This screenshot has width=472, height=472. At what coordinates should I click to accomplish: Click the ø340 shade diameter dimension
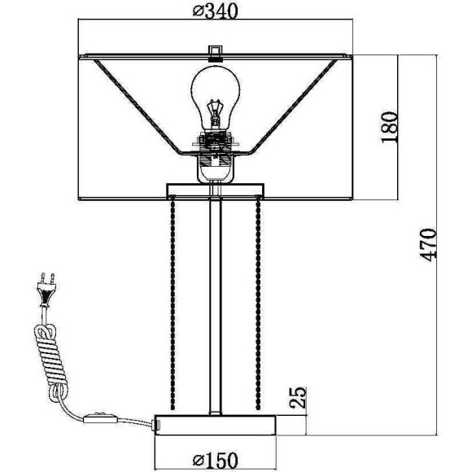pos(215,11)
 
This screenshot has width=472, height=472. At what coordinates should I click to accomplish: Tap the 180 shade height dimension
pos(389,127)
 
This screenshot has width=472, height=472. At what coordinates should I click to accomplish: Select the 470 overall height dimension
pos(428,245)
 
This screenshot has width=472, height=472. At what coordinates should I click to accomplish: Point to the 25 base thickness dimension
pos(298,397)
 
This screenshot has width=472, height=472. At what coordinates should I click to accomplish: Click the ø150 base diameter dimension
pos(215,461)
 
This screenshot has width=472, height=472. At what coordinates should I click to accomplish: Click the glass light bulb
pos(216,99)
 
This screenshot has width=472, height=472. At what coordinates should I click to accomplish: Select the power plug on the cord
pos(46,289)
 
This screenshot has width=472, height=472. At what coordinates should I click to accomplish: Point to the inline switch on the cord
pos(99,418)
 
